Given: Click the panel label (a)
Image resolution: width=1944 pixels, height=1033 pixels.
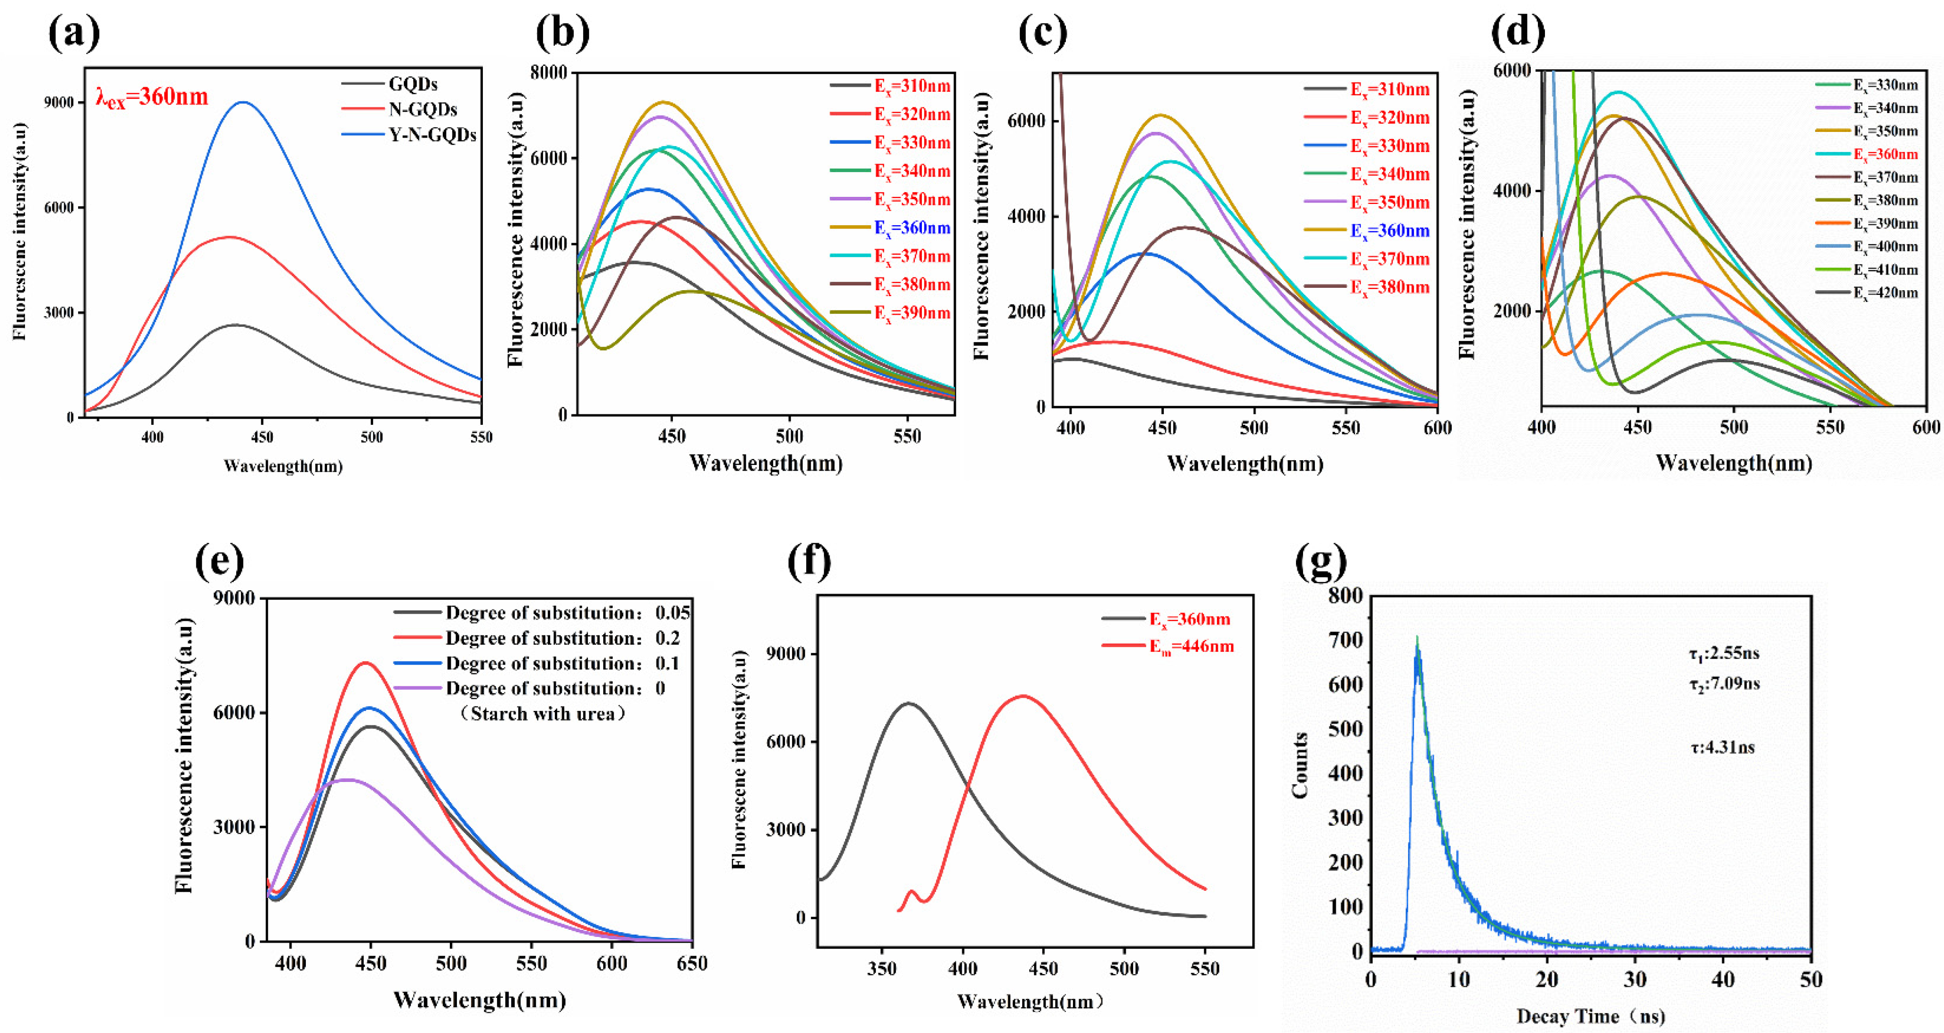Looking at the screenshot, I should click(73, 34).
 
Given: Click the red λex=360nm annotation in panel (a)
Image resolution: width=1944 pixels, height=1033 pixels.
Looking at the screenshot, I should click(152, 98).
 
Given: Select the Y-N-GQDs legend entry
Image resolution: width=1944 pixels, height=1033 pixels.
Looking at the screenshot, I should click(432, 135).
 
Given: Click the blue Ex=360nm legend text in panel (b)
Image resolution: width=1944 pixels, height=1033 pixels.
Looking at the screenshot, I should click(912, 228).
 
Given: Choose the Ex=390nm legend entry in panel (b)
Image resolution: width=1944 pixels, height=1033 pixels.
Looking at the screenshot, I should click(912, 313).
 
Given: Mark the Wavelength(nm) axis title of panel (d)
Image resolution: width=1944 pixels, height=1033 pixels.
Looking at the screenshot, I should click(1734, 463).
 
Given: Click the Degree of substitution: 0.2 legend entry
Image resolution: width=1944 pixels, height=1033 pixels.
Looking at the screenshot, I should click(562, 638).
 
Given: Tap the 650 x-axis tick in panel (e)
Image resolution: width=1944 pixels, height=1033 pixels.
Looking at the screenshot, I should click(692, 964).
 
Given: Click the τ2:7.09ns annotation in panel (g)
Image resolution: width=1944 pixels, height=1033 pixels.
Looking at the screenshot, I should click(1724, 684).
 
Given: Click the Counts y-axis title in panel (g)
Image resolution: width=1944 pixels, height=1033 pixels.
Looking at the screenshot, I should click(1299, 765).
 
